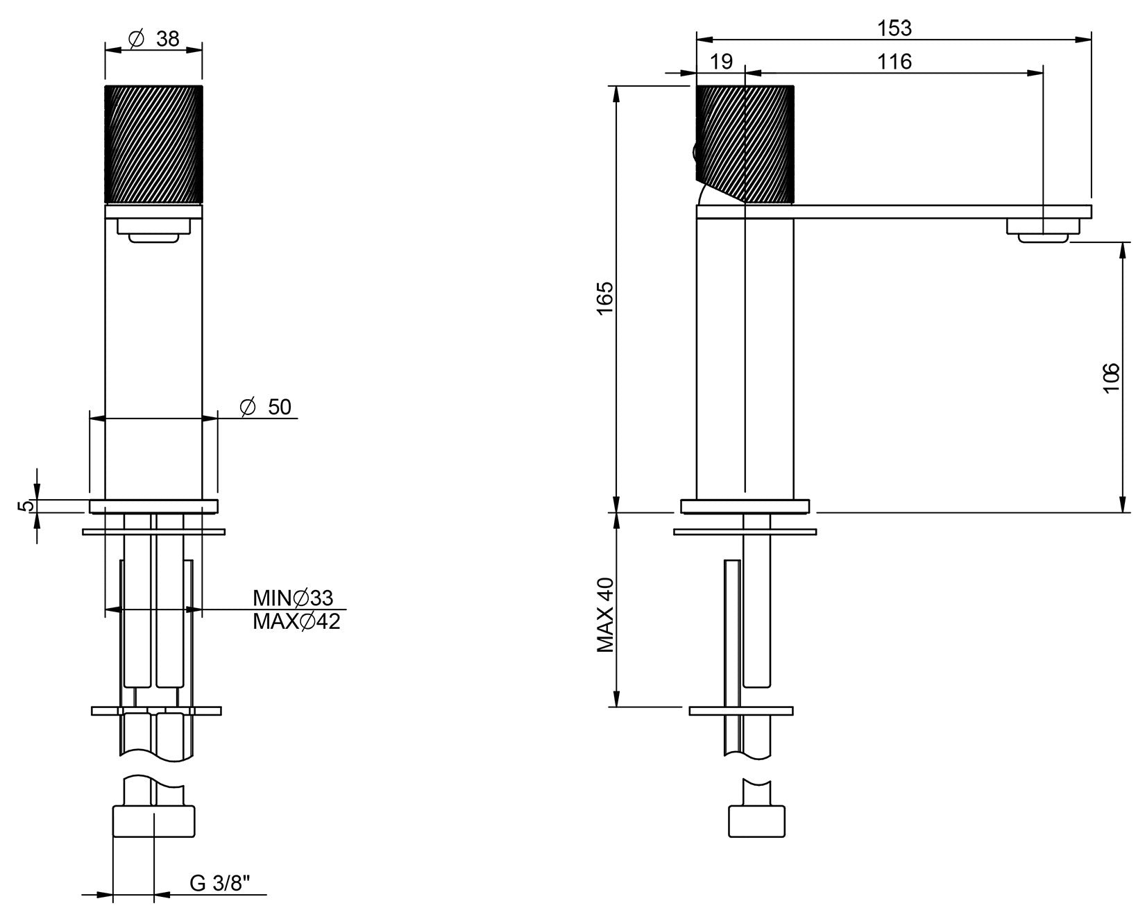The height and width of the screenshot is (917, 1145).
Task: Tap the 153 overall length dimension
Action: pyautogui.click(x=894, y=28)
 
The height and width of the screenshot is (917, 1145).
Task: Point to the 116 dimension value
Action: pyautogui.click(x=894, y=62)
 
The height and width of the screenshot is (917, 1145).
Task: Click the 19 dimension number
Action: pyautogui.click(x=722, y=62)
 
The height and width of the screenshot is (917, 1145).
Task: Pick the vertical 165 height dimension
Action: pyautogui.click(x=605, y=298)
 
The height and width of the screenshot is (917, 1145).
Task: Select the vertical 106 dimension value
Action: pyautogui.click(x=1112, y=378)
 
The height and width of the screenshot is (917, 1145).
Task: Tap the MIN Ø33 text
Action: pyautogui.click(x=293, y=598)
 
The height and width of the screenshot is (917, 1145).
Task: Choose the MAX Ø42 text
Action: pyautogui.click(x=296, y=621)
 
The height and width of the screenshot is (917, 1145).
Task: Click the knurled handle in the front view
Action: pyautogui.click(x=153, y=144)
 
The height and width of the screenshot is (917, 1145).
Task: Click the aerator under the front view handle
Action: pyautogui.click(x=153, y=230)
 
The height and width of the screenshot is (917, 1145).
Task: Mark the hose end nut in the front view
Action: pyautogui.click(x=153, y=821)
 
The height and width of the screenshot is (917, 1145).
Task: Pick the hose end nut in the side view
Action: pyautogui.click(x=756, y=821)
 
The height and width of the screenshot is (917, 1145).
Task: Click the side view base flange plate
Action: pyautogui.click(x=745, y=506)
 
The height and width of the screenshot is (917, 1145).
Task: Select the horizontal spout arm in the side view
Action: pyautogui.click(x=902, y=212)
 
